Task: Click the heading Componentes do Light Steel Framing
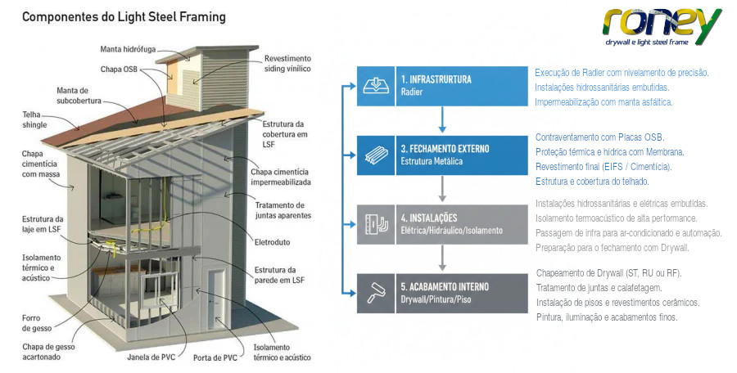point(124,16)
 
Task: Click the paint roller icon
point(377,293)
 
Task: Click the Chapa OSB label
point(119,70)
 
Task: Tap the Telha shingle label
point(35,120)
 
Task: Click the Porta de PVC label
point(216,357)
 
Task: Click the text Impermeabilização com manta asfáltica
point(604,102)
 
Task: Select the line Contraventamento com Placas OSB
point(600,137)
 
